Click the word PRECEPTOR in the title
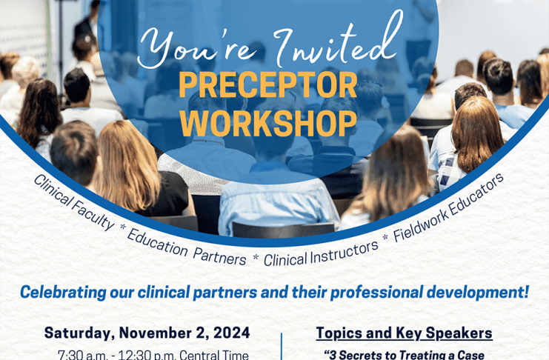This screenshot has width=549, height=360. click(268, 85)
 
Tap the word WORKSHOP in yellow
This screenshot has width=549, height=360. click(268, 123)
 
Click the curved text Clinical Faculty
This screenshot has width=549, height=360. click(74, 202)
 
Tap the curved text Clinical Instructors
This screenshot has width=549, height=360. click(321, 255)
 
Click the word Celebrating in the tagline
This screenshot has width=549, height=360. click(63, 293)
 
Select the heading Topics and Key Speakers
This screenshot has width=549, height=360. click(404, 333)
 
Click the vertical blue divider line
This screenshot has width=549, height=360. click(282, 347)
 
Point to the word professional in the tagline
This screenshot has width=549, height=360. click(376, 293)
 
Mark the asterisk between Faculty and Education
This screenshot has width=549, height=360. click(122, 227)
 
